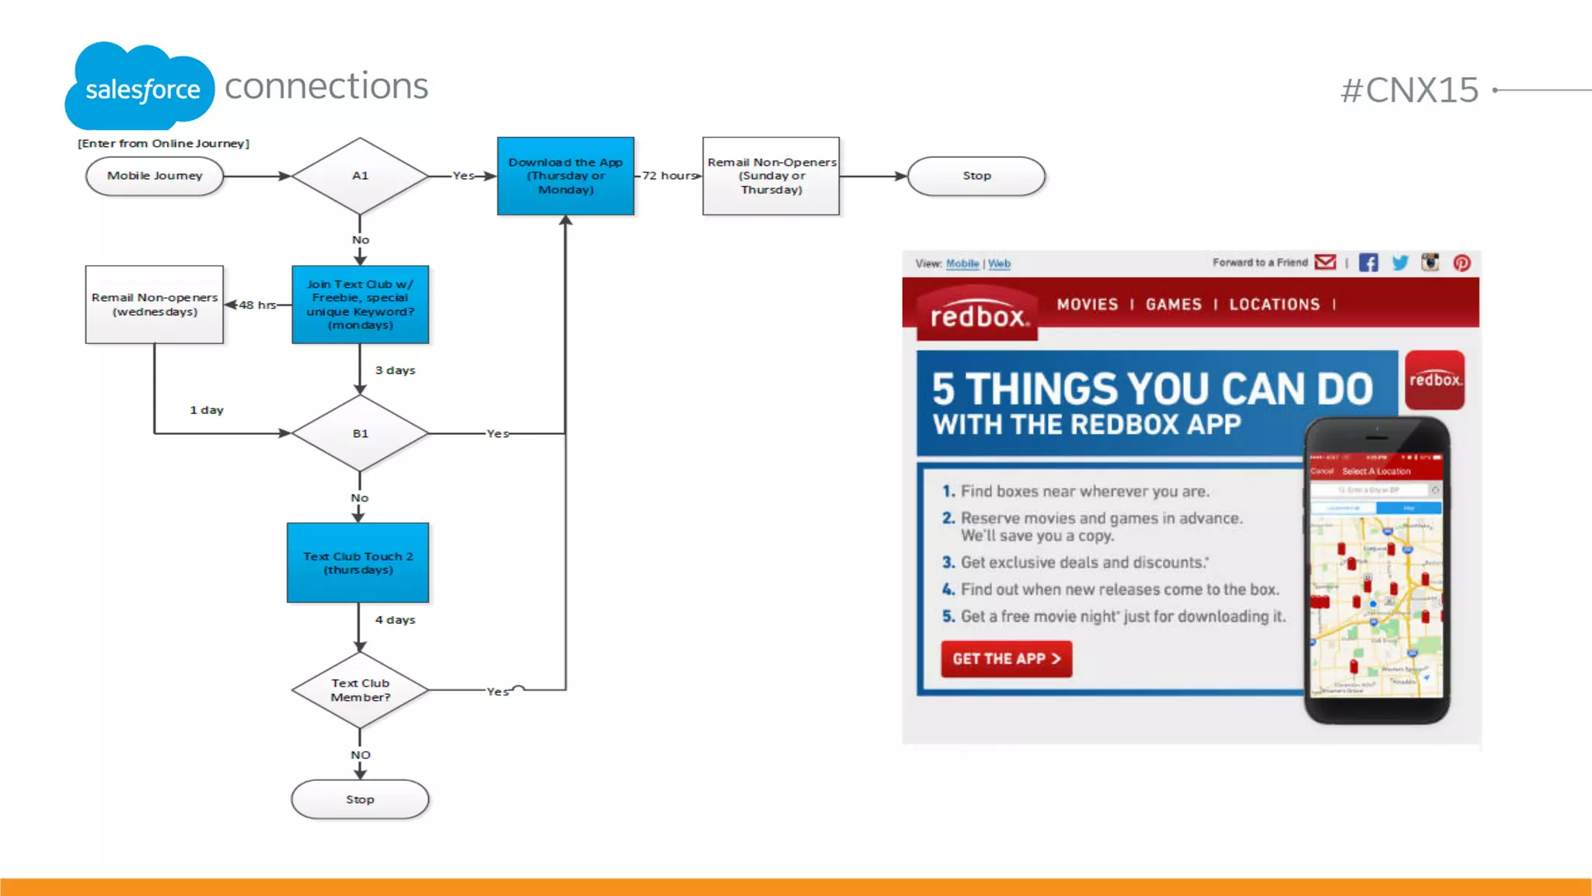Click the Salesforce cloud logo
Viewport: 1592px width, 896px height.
pyautogui.click(x=140, y=87)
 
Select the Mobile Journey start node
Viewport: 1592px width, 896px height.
pyautogui.click(x=155, y=176)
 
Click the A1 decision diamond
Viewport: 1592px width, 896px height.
pyautogui.click(x=360, y=176)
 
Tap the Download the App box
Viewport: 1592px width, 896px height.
pyautogui.click(x=566, y=176)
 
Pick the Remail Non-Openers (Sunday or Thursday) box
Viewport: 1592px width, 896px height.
pyautogui.click(x=771, y=176)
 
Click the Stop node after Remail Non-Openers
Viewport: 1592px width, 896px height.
pyautogui.click(x=976, y=176)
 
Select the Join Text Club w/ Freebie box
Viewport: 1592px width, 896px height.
pyautogui.click(x=360, y=305)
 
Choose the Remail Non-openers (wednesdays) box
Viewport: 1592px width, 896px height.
pyautogui.click(x=155, y=305)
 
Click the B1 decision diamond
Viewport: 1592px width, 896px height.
pyautogui.click(x=360, y=433)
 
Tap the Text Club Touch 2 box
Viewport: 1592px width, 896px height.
pyautogui.click(x=358, y=562)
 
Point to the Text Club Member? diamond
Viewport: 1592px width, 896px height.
pyautogui.click(x=360, y=690)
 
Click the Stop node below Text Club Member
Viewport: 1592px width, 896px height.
pyautogui.click(x=360, y=800)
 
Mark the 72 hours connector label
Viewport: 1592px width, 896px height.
pyautogui.click(x=669, y=176)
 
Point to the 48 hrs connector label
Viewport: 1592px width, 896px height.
pyautogui.click(x=257, y=305)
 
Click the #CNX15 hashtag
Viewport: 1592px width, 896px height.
pyautogui.click(x=1409, y=90)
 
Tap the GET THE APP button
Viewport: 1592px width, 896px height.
pyautogui.click(x=1006, y=659)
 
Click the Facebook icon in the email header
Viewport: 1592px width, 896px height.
pyautogui.click(x=1368, y=263)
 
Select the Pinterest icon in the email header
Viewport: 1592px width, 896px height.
pyautogui.click(x=1461, y=263)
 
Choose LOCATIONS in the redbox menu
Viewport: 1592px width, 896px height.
pyautogui.click(x=1274, y=304)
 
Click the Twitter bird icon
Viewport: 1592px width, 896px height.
pyautogui.click(x=1400, y=263)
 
